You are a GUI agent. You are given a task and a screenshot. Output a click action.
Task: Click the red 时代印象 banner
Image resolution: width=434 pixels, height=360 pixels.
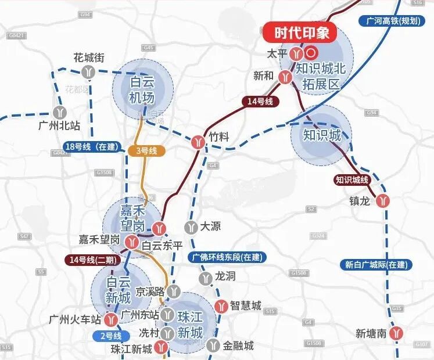(302, 33)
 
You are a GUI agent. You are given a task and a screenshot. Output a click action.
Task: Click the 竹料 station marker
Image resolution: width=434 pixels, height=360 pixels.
(199, 141)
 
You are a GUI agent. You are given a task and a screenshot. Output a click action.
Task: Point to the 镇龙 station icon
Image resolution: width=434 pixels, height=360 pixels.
(382, 201)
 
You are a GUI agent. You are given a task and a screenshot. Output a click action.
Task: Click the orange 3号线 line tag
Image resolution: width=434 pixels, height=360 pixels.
(146, 151)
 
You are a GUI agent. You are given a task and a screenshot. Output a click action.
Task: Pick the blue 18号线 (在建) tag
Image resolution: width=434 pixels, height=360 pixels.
(91, 147)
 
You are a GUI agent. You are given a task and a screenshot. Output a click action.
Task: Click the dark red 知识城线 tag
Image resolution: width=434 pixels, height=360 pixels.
(352, 180)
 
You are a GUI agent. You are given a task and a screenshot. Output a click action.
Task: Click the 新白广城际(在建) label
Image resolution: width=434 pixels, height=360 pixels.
(376, 265)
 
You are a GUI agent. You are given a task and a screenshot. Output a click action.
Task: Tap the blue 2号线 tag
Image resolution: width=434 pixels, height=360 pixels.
(110, 336)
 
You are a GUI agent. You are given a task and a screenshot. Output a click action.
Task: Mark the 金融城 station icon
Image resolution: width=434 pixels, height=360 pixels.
(214, 346)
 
